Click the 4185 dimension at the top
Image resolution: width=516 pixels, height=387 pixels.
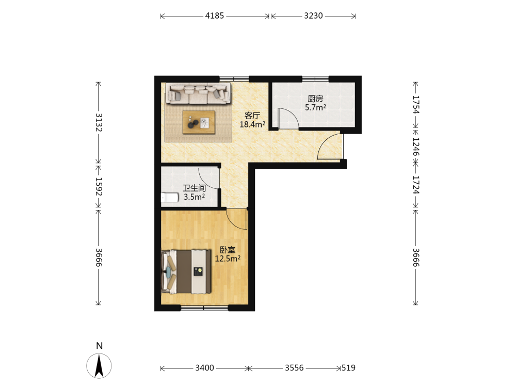tap(215, 16)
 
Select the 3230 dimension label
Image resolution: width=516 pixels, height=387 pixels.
tap(313, 16)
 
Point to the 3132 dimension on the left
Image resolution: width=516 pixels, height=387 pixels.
tap(99, 122)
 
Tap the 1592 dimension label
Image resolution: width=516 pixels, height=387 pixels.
tap(99, 186)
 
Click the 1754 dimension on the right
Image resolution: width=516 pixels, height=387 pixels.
tap(416, 105)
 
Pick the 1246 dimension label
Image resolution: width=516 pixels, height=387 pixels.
tap(416, 147)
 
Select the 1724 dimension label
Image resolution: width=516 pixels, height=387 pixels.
tap(416, 185)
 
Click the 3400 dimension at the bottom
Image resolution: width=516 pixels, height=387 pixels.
tap(205, 368)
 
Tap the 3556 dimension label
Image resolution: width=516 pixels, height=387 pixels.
tap(294, 368)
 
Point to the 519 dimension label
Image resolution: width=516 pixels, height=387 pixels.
tap(348, 368)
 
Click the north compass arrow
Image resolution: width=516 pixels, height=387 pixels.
tap(99, 366)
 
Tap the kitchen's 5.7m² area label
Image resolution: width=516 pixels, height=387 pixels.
tap(315, 108)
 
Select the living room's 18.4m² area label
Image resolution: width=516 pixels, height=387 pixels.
tap(252, 124)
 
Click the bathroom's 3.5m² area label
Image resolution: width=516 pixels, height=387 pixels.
tap(194, 197)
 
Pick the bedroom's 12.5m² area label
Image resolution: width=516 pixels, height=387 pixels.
tap(228, 259)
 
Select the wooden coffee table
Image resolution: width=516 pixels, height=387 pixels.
tap(199, 122)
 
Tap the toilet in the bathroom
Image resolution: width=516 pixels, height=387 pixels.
tap(169, 198)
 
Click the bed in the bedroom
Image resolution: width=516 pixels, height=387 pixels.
tap(186, 271)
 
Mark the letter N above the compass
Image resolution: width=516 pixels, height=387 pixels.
tap(100, 346)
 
